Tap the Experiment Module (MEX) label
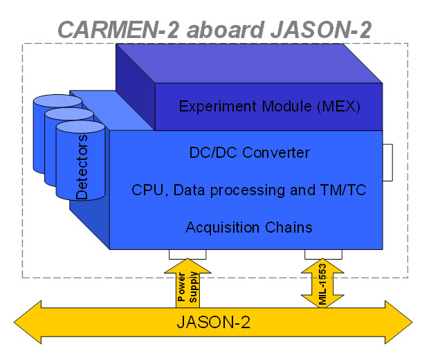pos(270,107)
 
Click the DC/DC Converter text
pos(249,152)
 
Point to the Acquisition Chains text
pos(249,227)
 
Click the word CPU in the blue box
pos(146,190)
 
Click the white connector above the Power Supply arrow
pos(187,253)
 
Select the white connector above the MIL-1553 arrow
pos(322,253)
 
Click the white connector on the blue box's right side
pos(387,161)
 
